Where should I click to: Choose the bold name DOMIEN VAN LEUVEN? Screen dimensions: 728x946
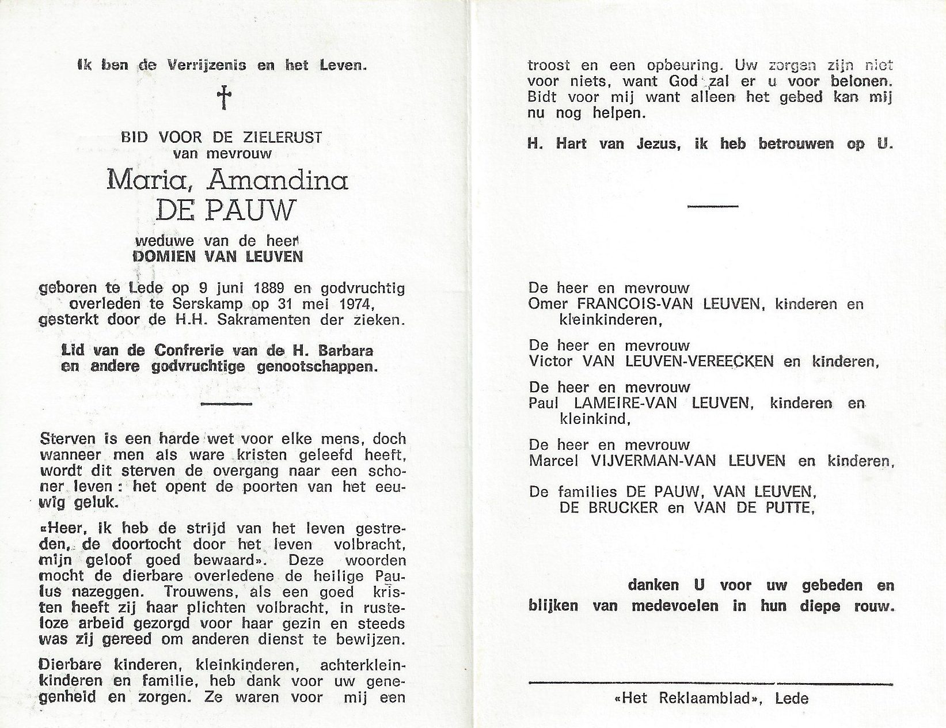pyautogui.click(x=217, y=256)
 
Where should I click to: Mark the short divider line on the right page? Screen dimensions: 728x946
pyautogui.click(x=713, y=206)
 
